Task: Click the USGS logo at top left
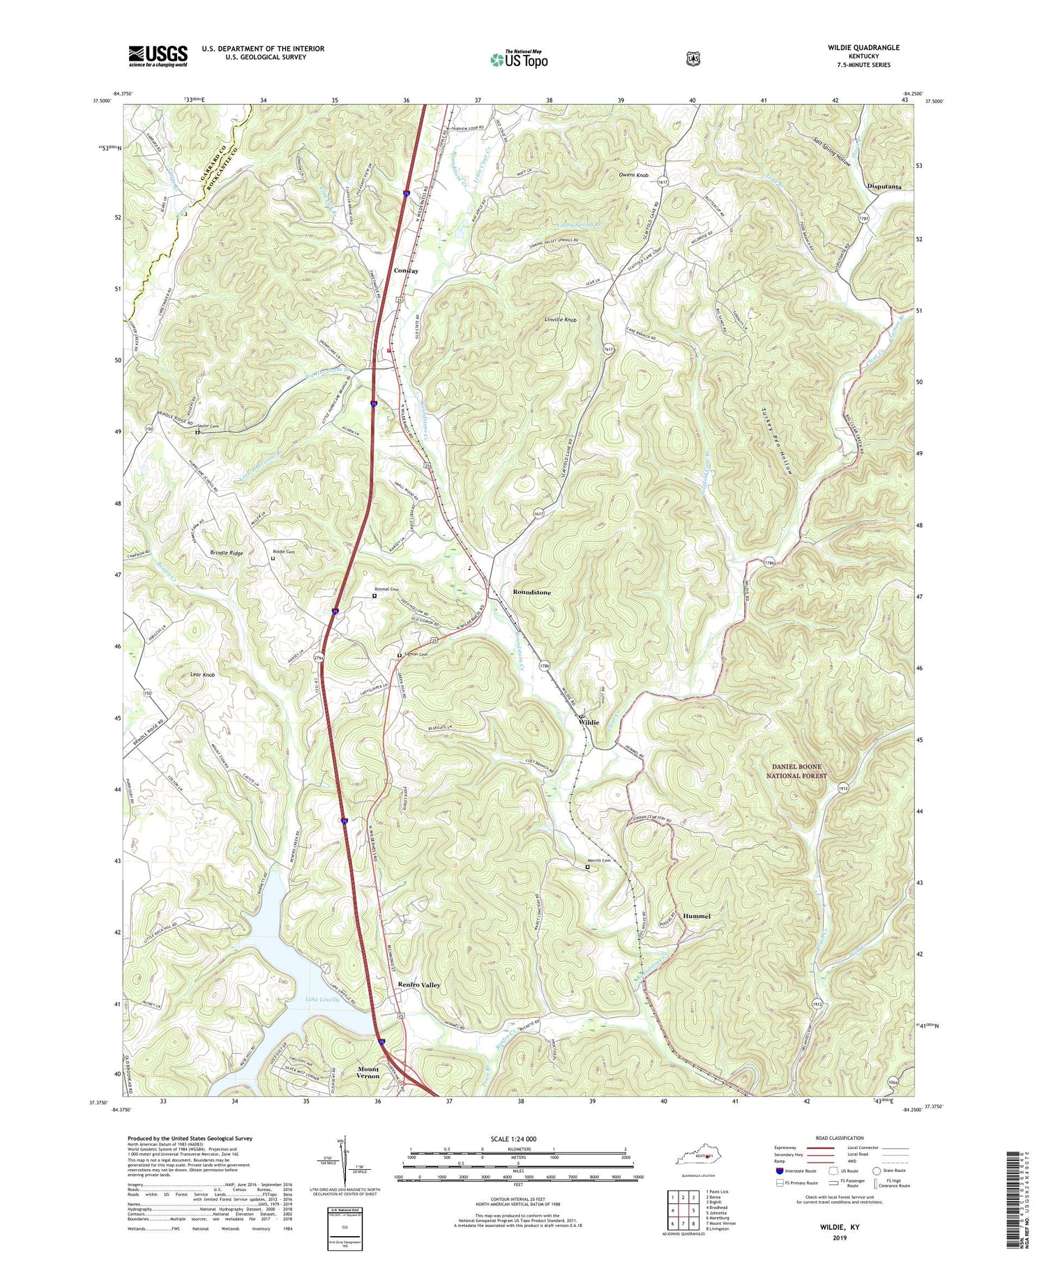click(x=158, y=56)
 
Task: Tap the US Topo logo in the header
click(x=519, y=59)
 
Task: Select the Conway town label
click(x=406, y=271)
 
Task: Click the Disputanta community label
click(x=884, y=187)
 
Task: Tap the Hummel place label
click(x=697, y=916)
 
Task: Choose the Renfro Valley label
click(x=419, y=985)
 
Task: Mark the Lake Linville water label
click(x=322, y=1000)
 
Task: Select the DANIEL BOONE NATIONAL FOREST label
click(x=796, y=771)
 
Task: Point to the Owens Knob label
click(x=635, y=176)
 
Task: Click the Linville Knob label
click(x=561, y=320)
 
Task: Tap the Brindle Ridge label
click(x=227, y=553)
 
